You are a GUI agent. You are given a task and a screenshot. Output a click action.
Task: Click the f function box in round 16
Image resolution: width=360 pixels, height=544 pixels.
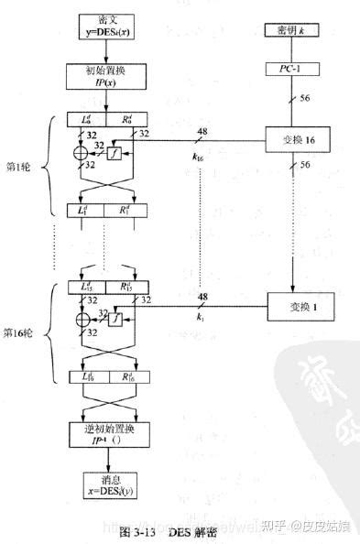pos(115,320)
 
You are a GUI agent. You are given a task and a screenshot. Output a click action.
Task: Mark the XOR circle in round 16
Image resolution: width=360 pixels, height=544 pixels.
pos(79,320)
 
